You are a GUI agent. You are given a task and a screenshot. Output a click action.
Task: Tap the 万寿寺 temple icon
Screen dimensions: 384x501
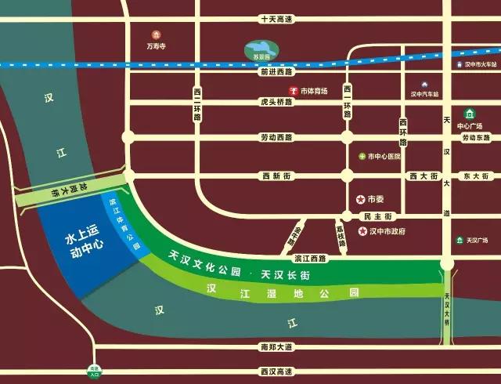click(156, 34)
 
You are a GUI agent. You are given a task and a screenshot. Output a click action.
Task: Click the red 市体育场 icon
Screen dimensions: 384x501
click(294, 91)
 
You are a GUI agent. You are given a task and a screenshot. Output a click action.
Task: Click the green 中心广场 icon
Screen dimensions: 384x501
click(470, 113)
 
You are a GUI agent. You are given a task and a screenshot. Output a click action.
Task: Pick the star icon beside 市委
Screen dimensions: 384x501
click(360, 199)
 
